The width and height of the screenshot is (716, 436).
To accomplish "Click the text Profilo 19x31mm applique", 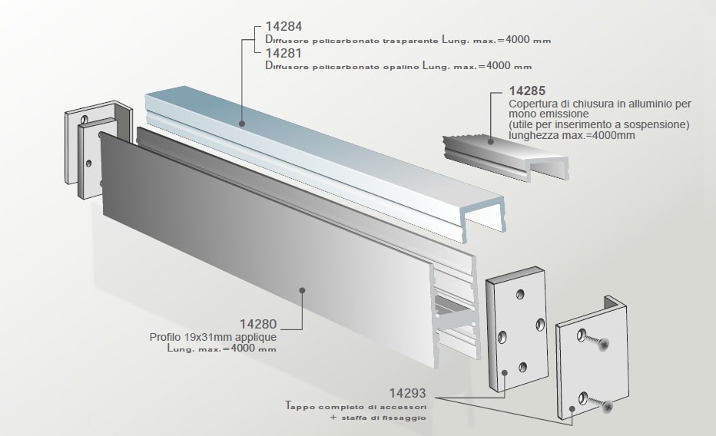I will point(213,337).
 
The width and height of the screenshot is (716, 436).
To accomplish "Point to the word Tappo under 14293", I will point(299,405).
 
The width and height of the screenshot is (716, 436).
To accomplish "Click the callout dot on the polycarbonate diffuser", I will point(241,122).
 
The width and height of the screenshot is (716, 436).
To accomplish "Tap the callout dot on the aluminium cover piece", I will point(492,140).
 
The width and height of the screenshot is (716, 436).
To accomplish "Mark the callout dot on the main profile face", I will point(303,290).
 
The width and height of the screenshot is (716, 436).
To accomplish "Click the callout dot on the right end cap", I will point(506,372).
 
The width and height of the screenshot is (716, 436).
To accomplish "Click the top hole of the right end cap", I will point(522,294).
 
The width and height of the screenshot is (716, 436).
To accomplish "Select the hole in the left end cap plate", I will point(90,163).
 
